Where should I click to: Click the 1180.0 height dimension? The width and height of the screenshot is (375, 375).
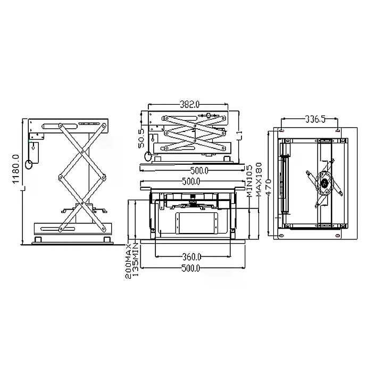pos(15,169)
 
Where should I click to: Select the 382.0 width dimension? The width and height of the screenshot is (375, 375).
pos(189,104)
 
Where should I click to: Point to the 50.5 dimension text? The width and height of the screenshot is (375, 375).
pos(141,139)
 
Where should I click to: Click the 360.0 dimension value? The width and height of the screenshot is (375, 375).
pos(192,257)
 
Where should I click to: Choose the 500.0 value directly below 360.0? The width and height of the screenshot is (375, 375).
pos(191,268)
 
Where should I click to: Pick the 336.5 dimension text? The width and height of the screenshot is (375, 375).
pos(315,119)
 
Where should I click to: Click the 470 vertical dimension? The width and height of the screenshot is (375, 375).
pos(268,187)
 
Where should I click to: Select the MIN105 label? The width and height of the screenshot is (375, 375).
pos(249,181)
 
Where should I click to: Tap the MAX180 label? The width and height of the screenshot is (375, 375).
pos(259,180)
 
